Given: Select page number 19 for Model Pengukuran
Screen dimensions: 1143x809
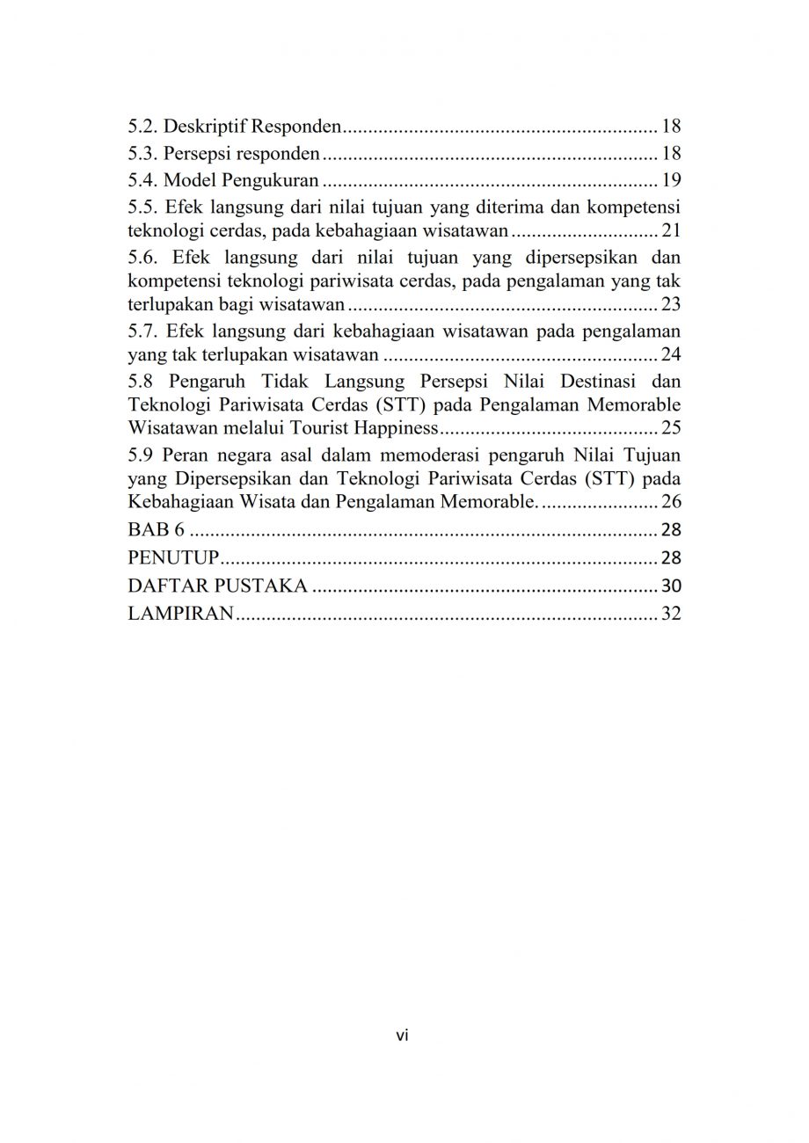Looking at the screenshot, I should click(672, 182).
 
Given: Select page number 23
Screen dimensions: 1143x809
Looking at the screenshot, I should click(672, 306).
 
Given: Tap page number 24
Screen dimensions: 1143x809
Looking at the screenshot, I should click(672, 355).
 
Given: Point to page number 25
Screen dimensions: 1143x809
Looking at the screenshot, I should click(672, 429).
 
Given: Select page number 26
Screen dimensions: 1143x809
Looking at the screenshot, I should click(672, 503).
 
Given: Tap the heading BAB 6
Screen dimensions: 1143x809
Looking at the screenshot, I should click(151, 530).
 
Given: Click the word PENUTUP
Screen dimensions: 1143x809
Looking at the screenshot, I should click(172, 558).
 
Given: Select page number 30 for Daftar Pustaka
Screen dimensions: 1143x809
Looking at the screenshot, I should click(672, 586).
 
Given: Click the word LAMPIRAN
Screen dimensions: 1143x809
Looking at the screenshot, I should click(180, 615).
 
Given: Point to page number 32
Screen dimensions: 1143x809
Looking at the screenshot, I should click(672, 615).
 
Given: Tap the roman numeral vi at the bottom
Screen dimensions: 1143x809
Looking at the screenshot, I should click(403, 1036).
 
